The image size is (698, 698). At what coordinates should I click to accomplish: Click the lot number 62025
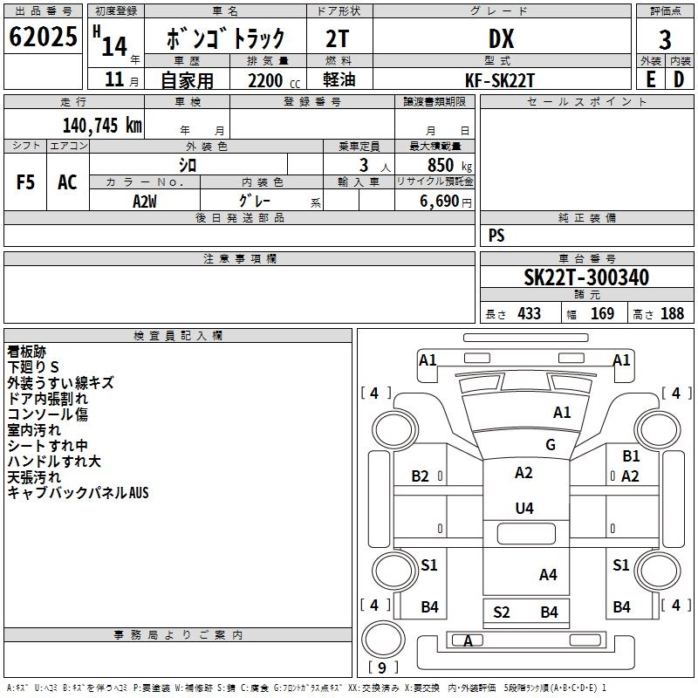coord(43,37)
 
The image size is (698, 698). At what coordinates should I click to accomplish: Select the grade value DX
coord(501,38)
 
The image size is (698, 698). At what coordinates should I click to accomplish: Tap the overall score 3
coord(665,40)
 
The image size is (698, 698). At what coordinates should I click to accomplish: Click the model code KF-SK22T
coord(499,80)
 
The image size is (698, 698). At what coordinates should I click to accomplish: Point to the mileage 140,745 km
coord(102,126)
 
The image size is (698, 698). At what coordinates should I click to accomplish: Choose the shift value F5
coord(25,182)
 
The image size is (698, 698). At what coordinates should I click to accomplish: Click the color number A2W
coord(145,202)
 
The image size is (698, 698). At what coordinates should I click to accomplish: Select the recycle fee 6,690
coord(440,202)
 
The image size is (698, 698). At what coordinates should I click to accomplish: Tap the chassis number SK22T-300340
coord(586,277)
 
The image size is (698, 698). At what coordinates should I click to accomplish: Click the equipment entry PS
coord(496,235)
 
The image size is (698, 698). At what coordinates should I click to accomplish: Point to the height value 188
coord(672,313)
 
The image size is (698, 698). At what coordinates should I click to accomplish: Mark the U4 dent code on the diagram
coord(524,508)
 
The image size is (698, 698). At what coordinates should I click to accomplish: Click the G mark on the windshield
coord(551,444)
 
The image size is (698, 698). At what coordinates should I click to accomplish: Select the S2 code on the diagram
coord(501,612)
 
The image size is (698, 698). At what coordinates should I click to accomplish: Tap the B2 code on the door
coord(420,476)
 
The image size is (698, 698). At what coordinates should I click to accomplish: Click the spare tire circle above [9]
coord(383,640)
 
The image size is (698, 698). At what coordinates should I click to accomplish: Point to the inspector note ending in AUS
coord(78,492)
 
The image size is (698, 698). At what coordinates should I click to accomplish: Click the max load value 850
coord(441,165)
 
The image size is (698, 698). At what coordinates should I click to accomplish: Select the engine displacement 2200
coord(265,80)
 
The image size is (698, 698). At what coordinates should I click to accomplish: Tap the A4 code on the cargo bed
coord(548,575)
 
